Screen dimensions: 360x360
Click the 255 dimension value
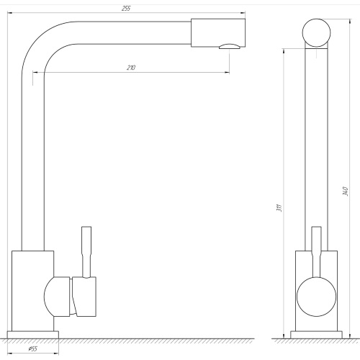click(126, 9)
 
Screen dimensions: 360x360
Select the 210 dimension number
click(131, 68)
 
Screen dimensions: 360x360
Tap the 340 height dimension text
click(345, 191)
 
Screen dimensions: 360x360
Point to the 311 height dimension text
click(279, 208)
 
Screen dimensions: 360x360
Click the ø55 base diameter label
click(33, 348)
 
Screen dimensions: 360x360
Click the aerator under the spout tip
click(230, 46)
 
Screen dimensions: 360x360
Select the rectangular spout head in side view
click(218, 32)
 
